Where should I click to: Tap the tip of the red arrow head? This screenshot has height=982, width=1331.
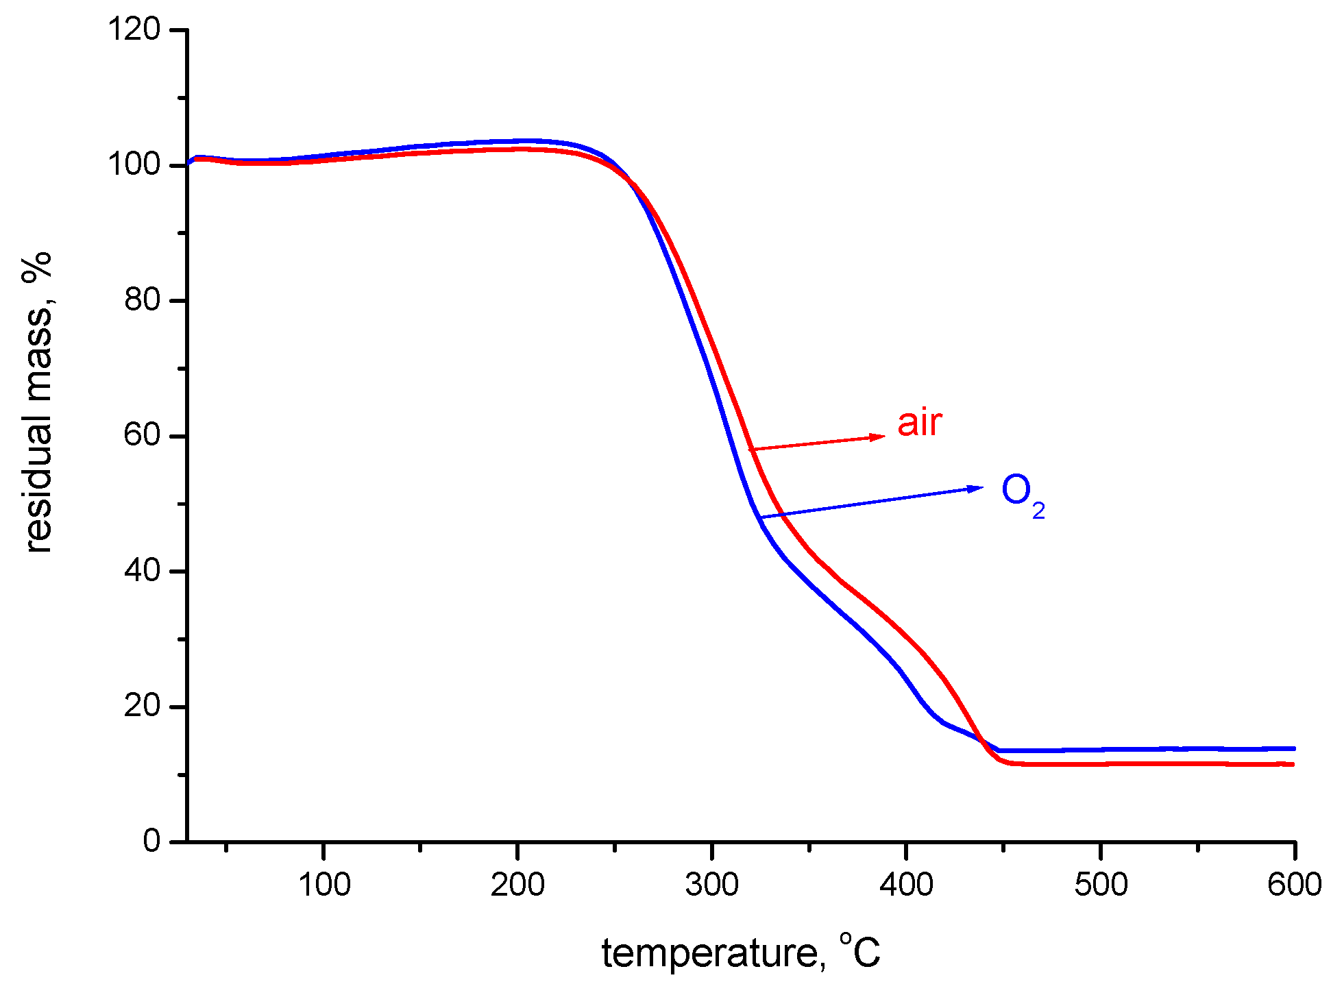[886, 436]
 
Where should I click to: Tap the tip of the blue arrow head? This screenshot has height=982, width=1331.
[984, 487]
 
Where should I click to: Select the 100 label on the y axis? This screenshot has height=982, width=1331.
[134, 164]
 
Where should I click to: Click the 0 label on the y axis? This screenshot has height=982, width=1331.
[151, 841]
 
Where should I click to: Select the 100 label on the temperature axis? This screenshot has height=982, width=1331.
[323, 885]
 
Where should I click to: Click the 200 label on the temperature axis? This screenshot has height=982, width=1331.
[517, 885]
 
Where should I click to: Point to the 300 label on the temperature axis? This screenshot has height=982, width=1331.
[712, 885]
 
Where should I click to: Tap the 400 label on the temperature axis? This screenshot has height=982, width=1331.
[906, 885]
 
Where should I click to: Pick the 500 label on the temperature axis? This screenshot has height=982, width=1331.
[1101, 885]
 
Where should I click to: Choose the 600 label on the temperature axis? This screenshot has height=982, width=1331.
[1294, 885]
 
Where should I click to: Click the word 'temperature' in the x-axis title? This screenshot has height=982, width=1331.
[709, 953]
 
